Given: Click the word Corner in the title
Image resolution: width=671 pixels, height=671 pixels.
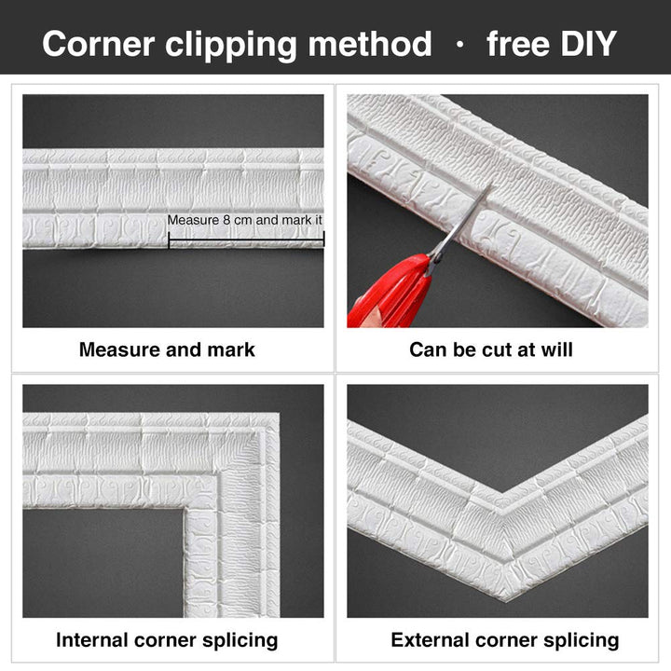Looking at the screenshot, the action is click(x=99, y=44).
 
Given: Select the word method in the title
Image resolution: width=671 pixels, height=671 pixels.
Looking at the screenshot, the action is click(x=370, y=43).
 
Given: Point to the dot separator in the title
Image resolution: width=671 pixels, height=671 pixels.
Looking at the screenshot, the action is click(x=460, y=44).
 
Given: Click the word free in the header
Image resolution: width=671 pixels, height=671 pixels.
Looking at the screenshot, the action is click(x=518, y=43).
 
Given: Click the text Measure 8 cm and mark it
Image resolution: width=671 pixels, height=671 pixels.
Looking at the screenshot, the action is click(x=244, y=220).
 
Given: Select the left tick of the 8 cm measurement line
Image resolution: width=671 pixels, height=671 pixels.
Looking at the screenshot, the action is click(x=169, y=240).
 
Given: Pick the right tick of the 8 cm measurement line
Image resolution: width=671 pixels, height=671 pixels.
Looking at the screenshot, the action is click(x=323, y=239).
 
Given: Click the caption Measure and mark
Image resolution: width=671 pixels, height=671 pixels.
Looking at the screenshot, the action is click(x=167, y=350).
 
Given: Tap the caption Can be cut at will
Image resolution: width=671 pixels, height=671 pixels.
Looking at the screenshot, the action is click(x=491, y=349).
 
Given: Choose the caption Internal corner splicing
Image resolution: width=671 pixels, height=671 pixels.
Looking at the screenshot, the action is click(x=167, y=640).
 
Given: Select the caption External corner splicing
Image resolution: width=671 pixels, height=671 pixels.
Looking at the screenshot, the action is click(x=505, y=640).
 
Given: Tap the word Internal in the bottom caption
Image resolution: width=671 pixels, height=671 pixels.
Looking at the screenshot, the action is click(x=91, y=640).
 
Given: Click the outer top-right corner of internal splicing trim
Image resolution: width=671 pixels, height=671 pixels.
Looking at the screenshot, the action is click(x=279, y=414).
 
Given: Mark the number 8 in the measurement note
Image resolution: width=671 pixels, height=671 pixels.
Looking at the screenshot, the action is click(x=226, y=220).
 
